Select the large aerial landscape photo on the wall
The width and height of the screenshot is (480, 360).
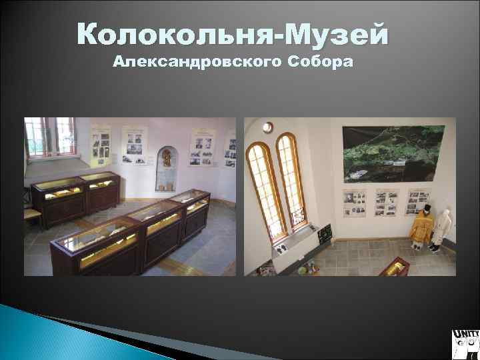click(398, 153)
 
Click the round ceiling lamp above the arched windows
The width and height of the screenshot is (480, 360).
click(267, 127)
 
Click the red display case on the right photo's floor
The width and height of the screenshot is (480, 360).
click(401, 267)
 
